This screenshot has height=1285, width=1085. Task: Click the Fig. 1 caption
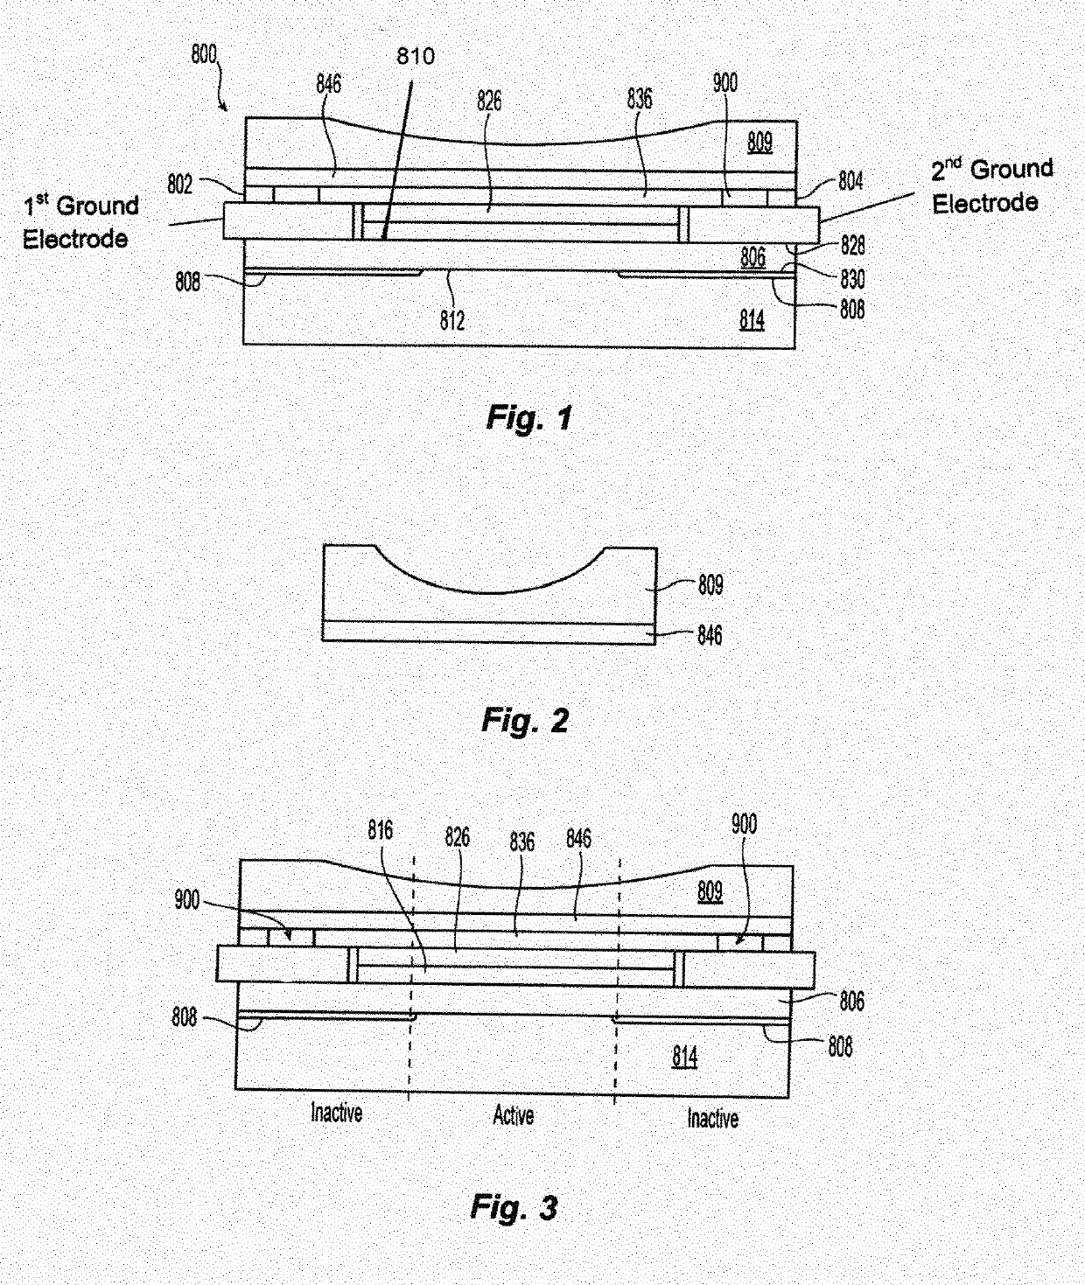[528, 418]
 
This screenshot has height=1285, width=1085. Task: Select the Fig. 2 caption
[525, 721]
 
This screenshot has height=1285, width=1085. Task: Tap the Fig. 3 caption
[514, 1208]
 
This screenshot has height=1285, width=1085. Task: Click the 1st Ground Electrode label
[80, 222]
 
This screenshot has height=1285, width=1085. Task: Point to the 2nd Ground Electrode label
[991, 185]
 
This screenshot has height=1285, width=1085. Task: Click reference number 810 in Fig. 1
[415, 57]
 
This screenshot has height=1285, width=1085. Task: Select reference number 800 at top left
[204, 54]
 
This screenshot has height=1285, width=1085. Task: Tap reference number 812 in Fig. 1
[452, 320]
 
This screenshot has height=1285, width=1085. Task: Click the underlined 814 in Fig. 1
[752, 320]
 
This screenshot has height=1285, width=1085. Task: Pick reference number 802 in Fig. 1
[180, 185]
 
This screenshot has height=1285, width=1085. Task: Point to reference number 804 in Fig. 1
[850, 181]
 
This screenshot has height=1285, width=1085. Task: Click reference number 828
[852, 246]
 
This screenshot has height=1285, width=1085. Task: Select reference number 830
[852, 278]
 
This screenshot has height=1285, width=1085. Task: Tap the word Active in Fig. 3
[514, 1115]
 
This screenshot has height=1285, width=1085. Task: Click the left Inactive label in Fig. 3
[337, 1113]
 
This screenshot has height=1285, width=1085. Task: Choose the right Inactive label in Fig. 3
[712, 1118]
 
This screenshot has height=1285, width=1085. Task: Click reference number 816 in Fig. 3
[381, 830]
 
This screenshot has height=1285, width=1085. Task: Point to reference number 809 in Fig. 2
[710, 584]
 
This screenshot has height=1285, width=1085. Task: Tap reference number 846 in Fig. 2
[710, 635]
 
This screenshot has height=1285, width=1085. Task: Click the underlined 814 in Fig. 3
[685, 1058]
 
